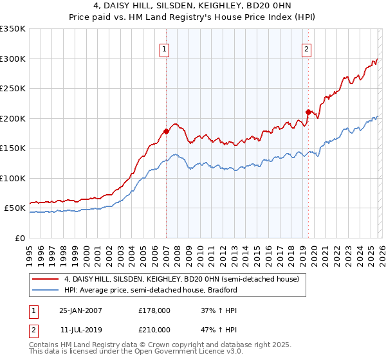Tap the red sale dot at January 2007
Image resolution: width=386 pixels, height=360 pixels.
[x=166, y=131]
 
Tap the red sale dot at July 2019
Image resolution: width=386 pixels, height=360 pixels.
[x=308, y=112]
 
